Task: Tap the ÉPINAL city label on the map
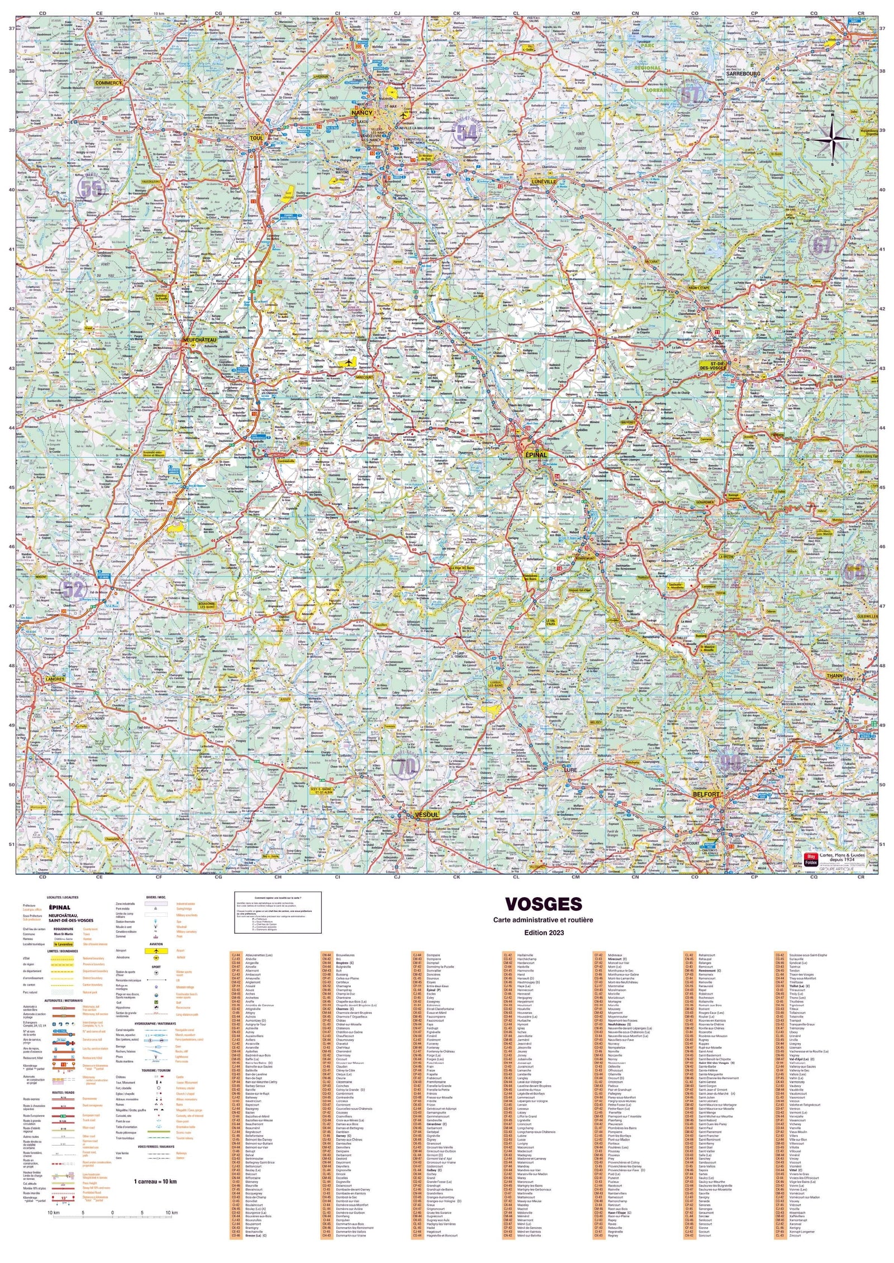[535, 455]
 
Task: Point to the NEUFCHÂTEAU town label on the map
[196, 339]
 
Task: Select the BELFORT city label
[706, 794]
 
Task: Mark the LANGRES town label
[55, 679]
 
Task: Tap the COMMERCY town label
[107, 83]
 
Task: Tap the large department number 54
[465, 133]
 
